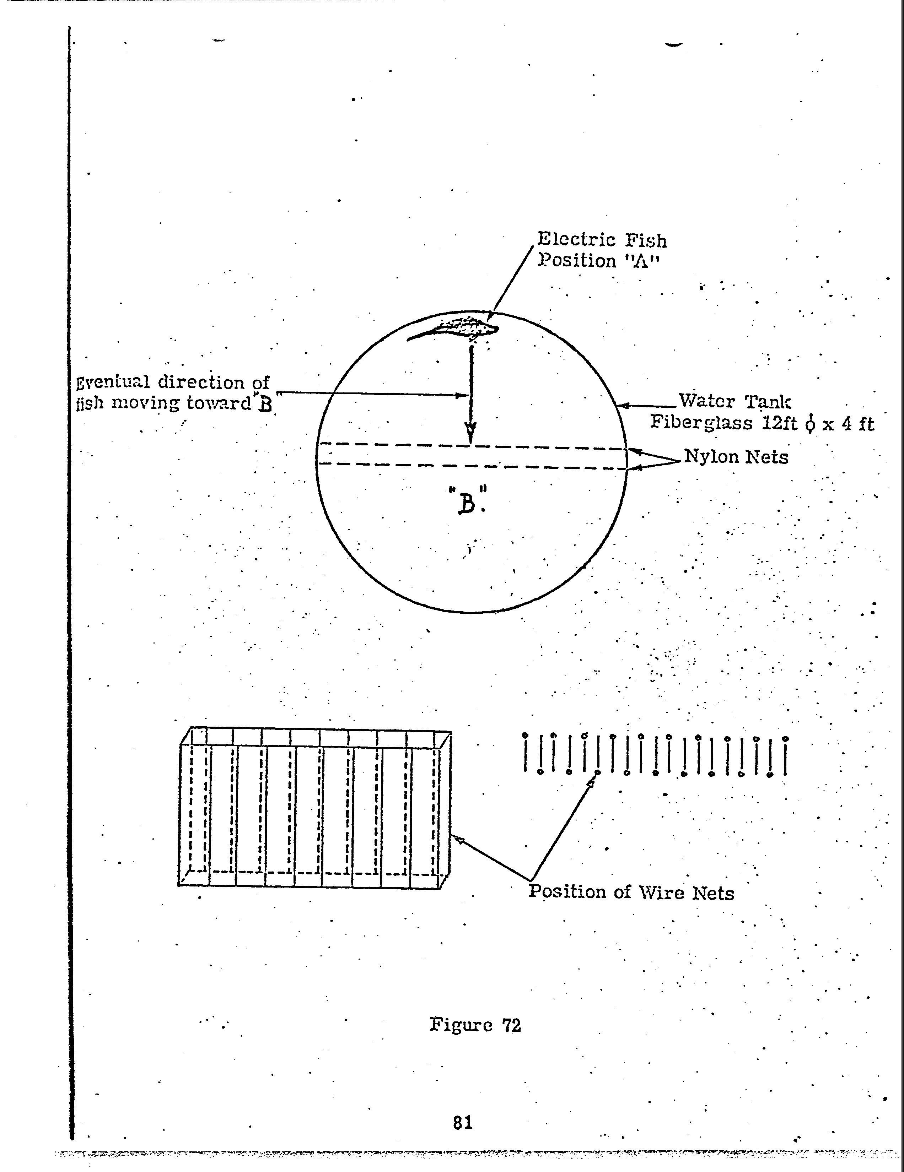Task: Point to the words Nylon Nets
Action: click(x=736, y=457)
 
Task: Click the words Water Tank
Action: click(x=734, y=401)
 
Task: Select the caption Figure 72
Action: click(x=475, y=1026)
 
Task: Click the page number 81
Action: click(x=463, y=1122)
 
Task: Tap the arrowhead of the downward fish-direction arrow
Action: click(x=470, y=431)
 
